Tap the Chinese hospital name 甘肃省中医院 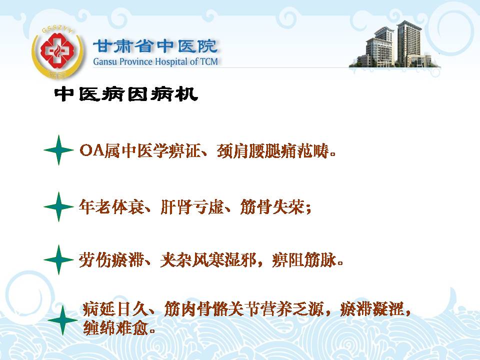coord(155,46)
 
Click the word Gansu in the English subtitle coord(105,61)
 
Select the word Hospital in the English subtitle coord(171,61)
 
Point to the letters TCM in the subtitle coord(209,61)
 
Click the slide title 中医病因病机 coord(126,94)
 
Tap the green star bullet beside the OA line coord(59,150)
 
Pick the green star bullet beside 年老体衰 coord(59,206)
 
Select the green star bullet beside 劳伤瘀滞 coord(59,259)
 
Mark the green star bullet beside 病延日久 coord(63,320)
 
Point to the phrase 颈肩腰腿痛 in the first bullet coord(256,150)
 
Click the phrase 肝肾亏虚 coord(192,207)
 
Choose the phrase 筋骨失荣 coord(273,207)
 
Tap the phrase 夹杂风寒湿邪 coord(208,260)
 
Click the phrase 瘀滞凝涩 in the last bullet coord(372,309)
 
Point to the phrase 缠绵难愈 coord(115,328)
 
